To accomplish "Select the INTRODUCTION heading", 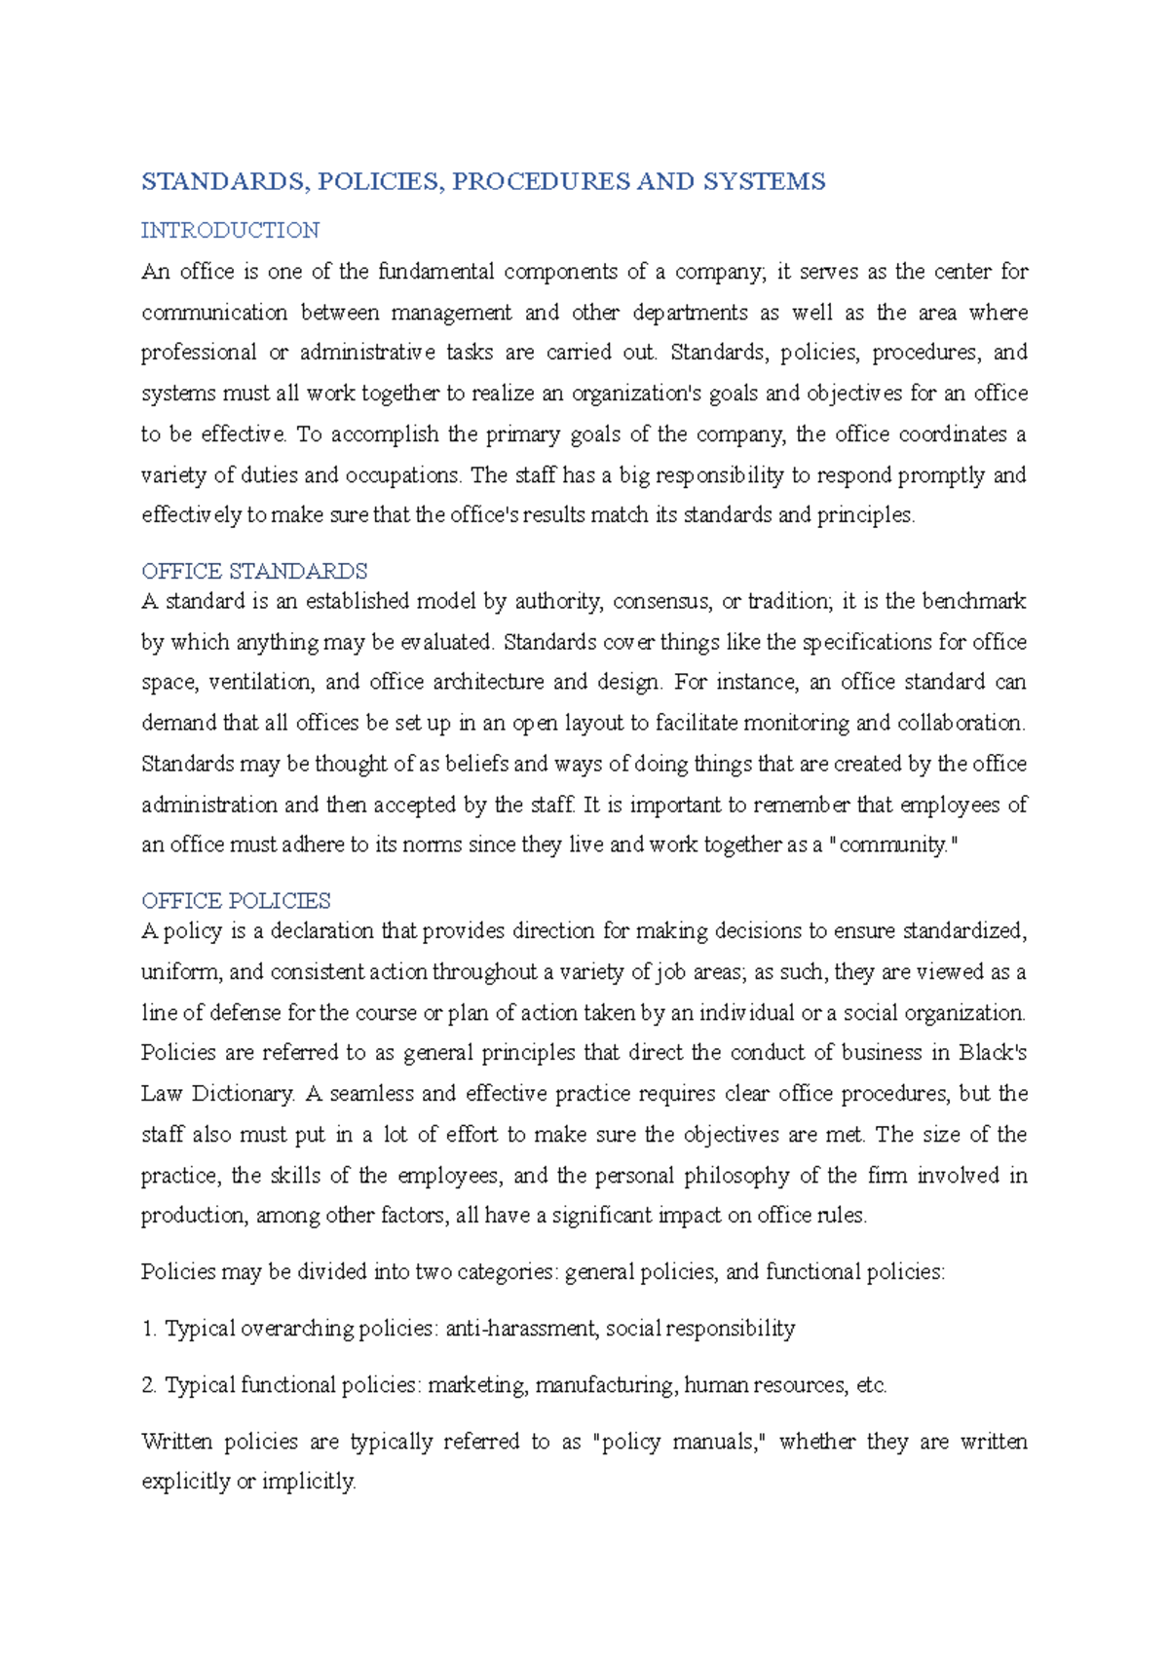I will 230,231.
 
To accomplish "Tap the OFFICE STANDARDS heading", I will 254,571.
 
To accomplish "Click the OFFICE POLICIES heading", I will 236,900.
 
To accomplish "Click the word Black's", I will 992,1053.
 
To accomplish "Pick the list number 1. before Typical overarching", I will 149,1329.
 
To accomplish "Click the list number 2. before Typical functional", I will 149,1385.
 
